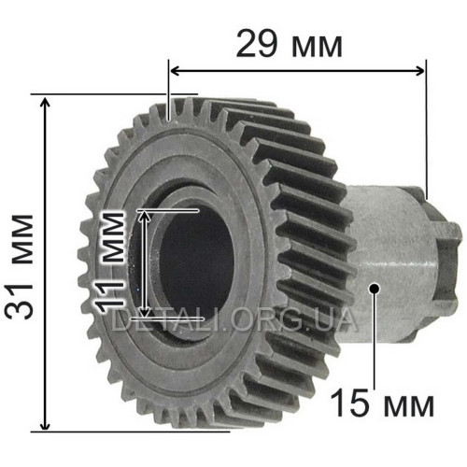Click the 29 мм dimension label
click(x=290, y=45)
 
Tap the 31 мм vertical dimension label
click(x=20, y=267)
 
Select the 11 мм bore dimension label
click(x=110, y=262)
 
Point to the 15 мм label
click(x=382, y=403)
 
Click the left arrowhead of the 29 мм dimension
click(x=176, y=71)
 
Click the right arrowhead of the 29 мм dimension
click(x=418, y=71)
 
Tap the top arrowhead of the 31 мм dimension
click(x=46, y=103)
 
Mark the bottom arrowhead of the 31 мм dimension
click(x=46, y=425)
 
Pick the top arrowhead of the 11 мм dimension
click(x=144, y=217)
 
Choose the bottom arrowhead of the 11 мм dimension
click(x=144, y=312)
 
